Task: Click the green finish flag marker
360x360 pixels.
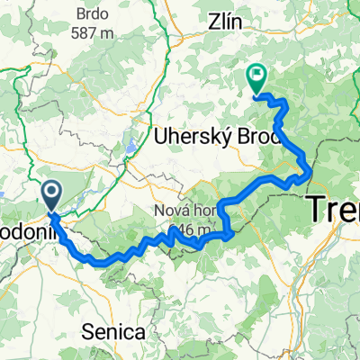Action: [x=257, y=80]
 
